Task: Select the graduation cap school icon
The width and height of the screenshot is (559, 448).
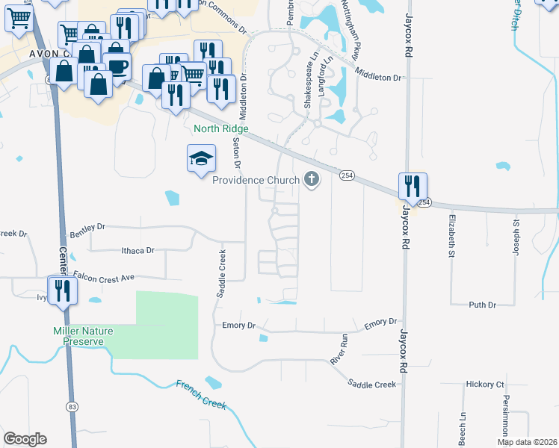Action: tap(200, 158)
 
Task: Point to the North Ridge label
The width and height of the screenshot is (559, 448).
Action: tap(220, 128)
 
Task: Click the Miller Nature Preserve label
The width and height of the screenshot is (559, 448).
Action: tap(77, 336)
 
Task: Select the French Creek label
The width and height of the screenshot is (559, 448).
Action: tap(201, 393)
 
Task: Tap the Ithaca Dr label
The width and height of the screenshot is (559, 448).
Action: tap(138, 251)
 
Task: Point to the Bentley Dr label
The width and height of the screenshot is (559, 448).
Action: tap(87, 225)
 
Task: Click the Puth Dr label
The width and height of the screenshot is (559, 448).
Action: tap(482, 305)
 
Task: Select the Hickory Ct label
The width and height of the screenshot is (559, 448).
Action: tap(485, 385)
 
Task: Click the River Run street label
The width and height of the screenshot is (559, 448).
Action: tap(339, 349)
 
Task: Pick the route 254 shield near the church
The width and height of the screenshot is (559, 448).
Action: tap(345, 175)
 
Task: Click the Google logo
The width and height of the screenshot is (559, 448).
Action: tap(25, 439)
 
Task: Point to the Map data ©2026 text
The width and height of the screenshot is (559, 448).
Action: tap(526, 442)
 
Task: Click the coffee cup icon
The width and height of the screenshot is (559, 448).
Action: tap(117, 66)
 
